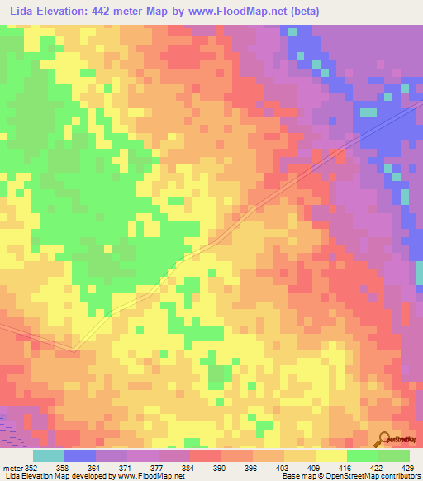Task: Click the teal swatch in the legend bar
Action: (x=49, y=455)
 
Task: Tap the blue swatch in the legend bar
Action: (x=80, y=455)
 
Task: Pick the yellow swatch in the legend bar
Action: (x=331, y=455)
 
